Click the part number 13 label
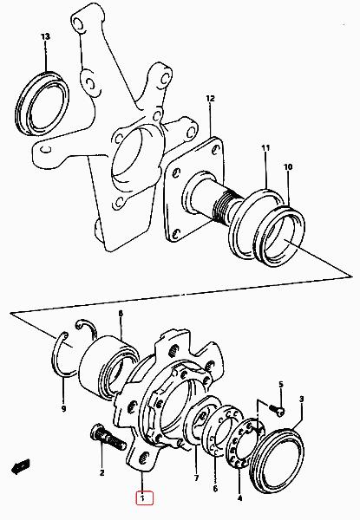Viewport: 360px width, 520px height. click(x=45, y=36)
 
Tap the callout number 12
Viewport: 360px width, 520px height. click(x=210, y=99)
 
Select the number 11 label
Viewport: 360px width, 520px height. click(x=265, y=148)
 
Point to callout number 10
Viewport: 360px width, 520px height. click(x=288, y=166)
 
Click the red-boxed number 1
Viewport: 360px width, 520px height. click(x=144, y=498)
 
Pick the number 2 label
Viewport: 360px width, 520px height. click(x=101, y=472)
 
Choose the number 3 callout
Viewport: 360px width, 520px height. click(x=302, y=399)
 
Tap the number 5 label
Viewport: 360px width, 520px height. click(x=281, y=384)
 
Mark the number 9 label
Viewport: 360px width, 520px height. click(x=63, y=408)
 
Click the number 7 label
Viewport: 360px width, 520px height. click(x=196, y=478)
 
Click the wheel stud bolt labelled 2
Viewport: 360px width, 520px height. click(x=108, y=438)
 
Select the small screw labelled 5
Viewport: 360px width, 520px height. click(x=277, y=409)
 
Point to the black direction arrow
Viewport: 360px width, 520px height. click(x=21, y=467)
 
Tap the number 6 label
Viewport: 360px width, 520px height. click(x=215, y=489)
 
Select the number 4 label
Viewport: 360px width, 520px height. click(x=240, y=497)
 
